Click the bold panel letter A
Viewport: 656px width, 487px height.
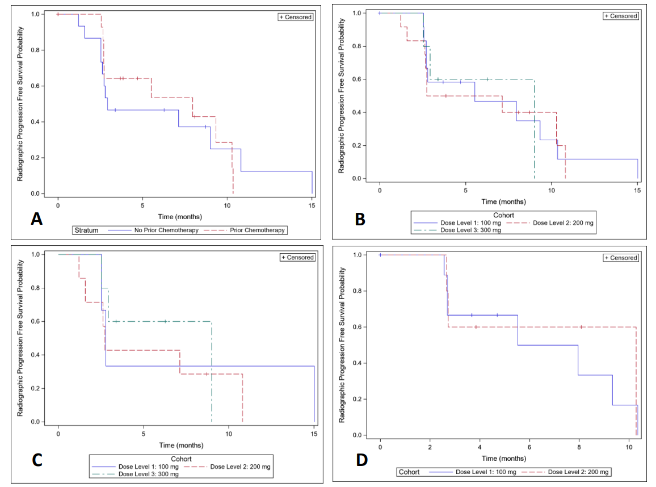pos(37,219)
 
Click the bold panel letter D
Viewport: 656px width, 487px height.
pos(361,459)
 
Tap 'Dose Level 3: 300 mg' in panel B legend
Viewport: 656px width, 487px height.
pos(471,230)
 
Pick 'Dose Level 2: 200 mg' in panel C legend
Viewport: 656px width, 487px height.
pos(241,467)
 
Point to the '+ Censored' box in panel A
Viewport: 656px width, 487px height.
pos(295,17)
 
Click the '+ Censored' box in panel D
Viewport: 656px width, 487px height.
pos(620,258)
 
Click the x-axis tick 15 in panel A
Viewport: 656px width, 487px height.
pos(312,207)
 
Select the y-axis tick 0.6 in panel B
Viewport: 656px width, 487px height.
pos(358,79)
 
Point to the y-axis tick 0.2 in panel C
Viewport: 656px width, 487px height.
pos(36,388)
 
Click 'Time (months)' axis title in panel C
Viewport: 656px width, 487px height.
pos(180,446)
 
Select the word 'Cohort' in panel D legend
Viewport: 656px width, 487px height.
pos(409,472)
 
